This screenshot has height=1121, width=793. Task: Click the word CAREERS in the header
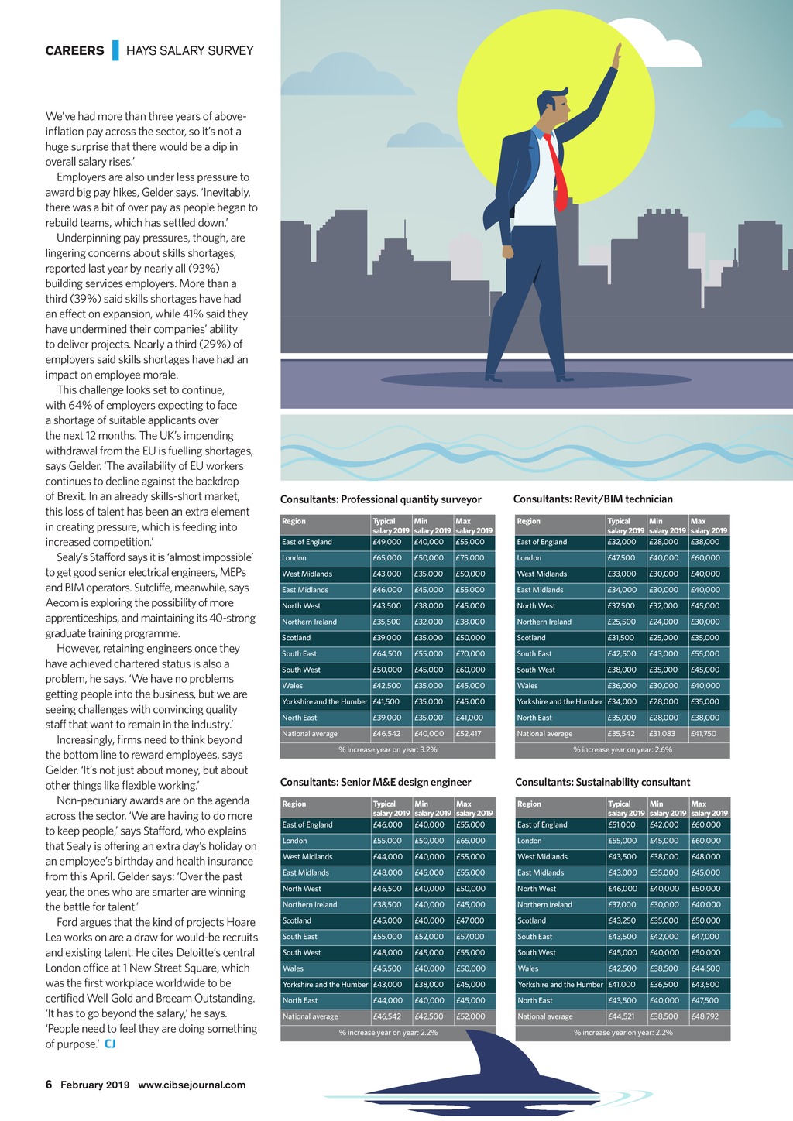pyautogui.click(x=74, y=51)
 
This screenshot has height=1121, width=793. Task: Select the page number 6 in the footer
pyautogui.click(x=49, y=1085)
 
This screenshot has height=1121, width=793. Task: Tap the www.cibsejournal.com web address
pyautogui.click(x=191, y=1085)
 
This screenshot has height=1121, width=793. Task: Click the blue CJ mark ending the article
pyautogui.click(x=111, y=1044)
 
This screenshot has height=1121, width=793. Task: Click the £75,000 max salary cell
pyautogui.click(x=470, y=558)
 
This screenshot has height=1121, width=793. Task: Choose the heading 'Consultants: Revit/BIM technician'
pyautogui.click(x=593, y=499)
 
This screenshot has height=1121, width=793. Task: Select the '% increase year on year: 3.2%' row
pyautogui.click(x=387, y=749)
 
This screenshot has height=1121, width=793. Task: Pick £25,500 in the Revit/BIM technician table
pyautogui.click(x=621, y=622)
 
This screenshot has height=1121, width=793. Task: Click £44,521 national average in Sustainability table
pyautogui.click(x=622, y=1016)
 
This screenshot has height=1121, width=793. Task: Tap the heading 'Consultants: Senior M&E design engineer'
pyautogui.click(x=376, y=782)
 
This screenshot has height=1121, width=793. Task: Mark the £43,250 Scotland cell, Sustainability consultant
pyautogui.click(x=622, y=920)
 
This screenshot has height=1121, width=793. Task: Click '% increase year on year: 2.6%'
pyautogui.click(x=622, y=749)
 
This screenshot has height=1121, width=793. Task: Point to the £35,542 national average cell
pyautogui.click(x=621, y=734)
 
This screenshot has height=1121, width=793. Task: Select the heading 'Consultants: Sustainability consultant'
pyautogui.click(x=602, y=782)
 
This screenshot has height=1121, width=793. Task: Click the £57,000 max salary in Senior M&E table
pyautogui.click(x=471, y=937)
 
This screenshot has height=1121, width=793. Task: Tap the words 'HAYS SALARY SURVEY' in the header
pyautogui.click(x=190, y=51)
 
